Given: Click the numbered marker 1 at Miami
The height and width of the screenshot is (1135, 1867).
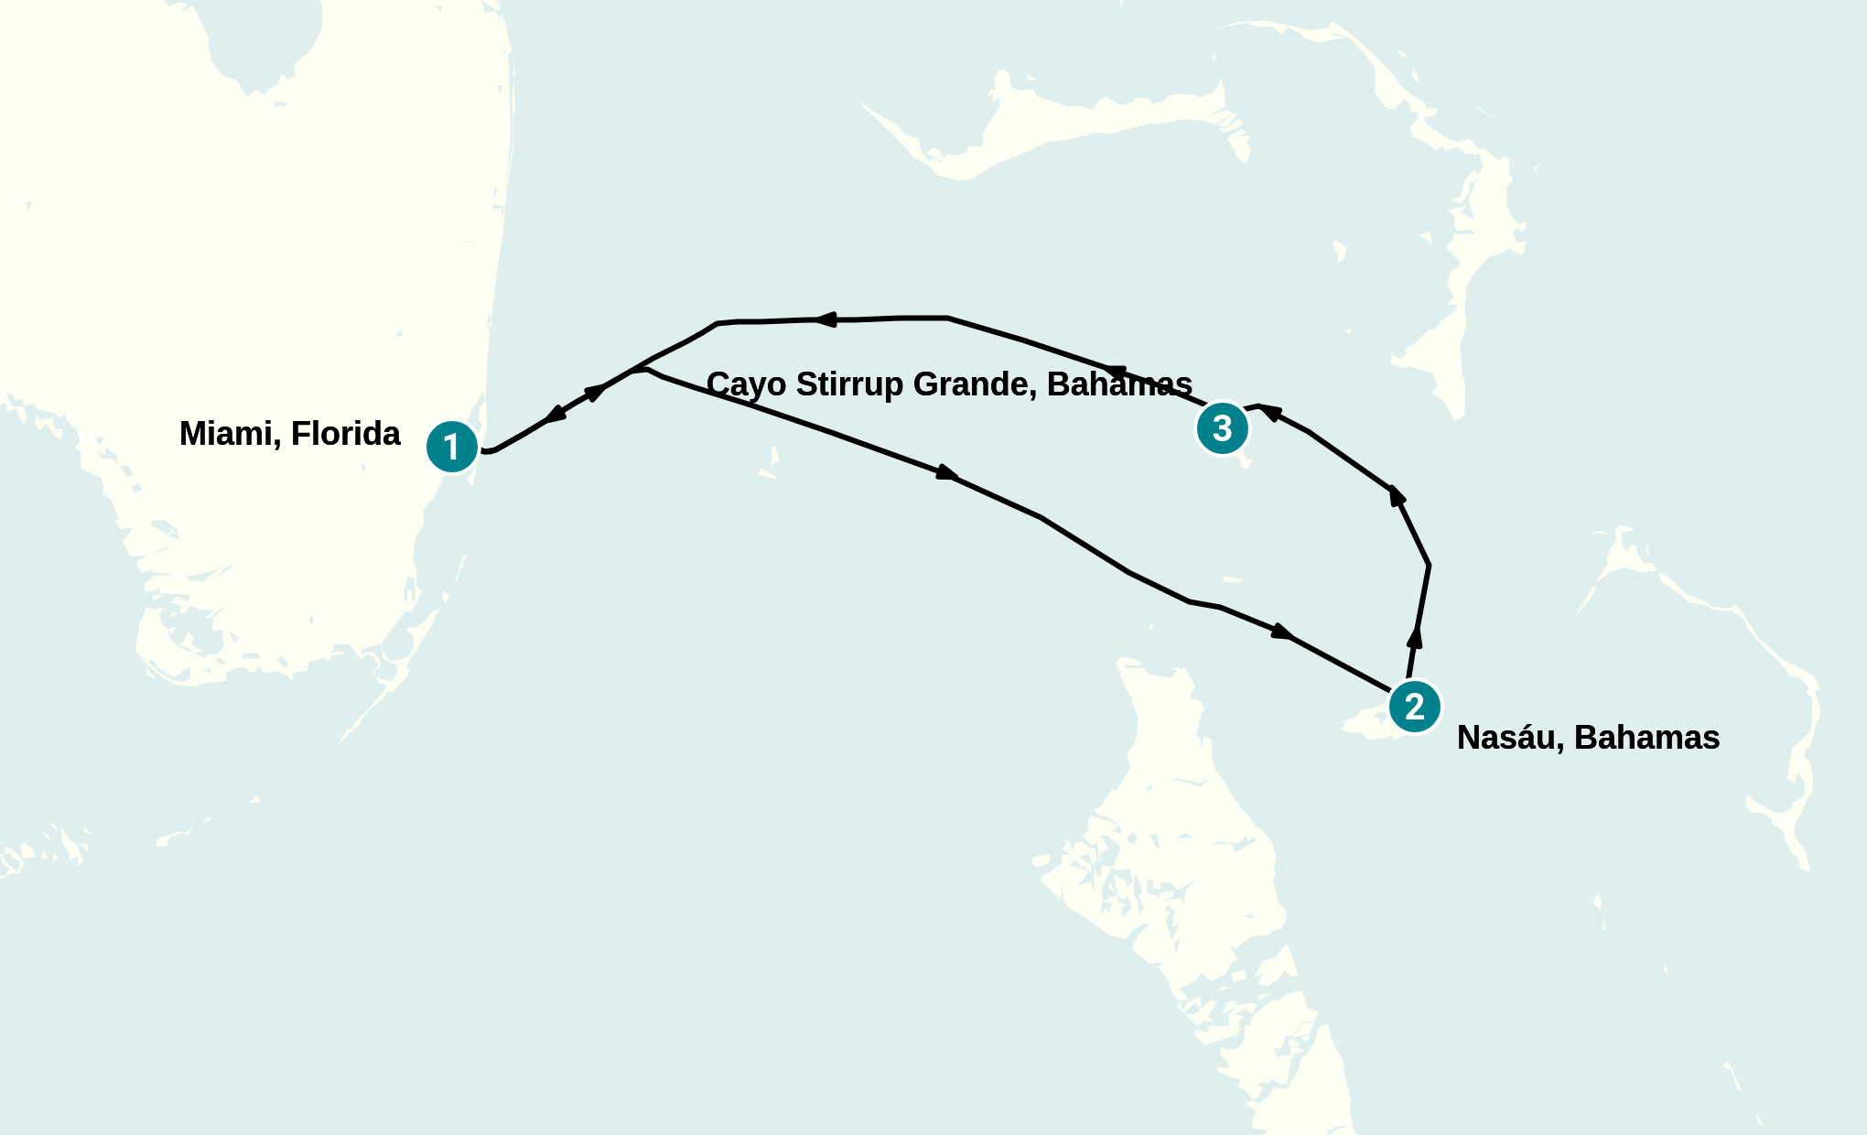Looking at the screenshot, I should click(451, 447).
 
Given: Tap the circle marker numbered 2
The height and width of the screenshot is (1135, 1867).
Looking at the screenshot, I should click(1414, 706).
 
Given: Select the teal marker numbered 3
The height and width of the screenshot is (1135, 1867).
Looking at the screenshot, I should click(1222, 427).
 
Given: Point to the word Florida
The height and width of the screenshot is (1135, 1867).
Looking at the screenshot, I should click(346, 434).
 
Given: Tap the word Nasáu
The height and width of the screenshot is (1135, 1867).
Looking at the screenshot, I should click(1510, 738).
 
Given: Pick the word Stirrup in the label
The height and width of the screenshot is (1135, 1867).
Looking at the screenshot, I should click(849, 384).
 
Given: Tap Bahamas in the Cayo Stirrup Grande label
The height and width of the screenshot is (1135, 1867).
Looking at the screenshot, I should click(1119, 384).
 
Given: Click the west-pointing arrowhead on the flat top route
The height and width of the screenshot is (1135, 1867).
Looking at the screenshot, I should click(826, 319).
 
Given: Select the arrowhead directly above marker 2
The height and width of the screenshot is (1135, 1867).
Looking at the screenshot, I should click(1415, 638).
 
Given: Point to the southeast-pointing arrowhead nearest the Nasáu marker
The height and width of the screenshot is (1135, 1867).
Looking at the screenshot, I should click(1281, 631).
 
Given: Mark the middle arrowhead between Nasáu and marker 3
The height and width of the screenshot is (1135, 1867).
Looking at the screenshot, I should click(1396, 496).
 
